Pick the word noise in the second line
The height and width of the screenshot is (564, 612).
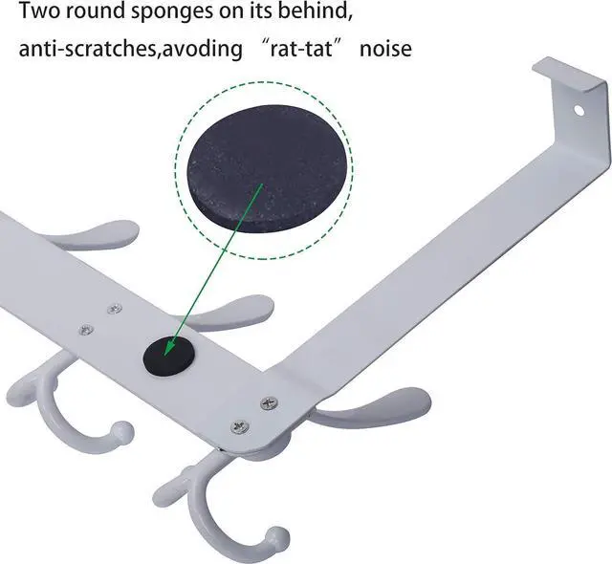click(385, 48)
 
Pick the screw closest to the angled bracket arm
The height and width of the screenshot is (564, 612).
click(269, 402)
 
